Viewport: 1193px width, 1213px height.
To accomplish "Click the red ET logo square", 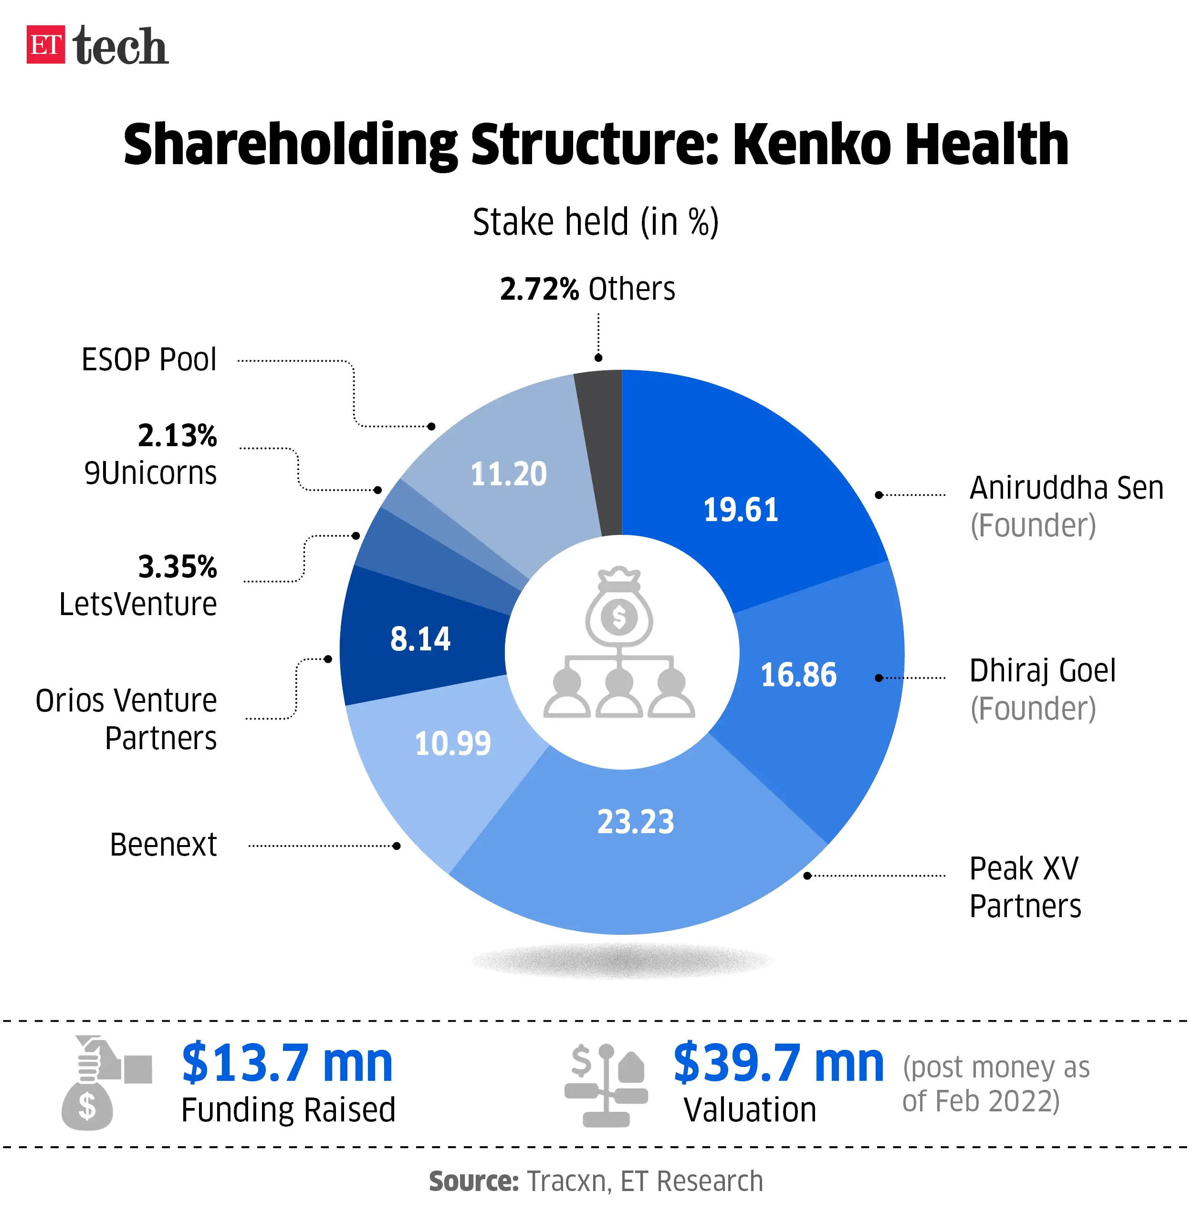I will pos(45,44).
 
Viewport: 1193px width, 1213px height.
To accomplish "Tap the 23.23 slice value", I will pos(635,821).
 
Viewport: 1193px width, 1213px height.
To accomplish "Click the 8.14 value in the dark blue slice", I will pos(420,639).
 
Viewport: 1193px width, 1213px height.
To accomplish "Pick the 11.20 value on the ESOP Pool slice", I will pos(508,474).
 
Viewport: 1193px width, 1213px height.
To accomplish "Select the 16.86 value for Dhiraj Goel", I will pos(798,675).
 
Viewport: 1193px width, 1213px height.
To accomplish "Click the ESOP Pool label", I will pos(148,360).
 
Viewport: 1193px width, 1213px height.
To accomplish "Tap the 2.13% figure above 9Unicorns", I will pos(178,436).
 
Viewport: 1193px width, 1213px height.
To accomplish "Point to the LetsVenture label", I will pos(138,604).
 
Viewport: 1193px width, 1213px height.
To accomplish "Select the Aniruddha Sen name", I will pos(1067,488).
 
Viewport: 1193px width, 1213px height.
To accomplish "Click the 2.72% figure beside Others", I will pos(539,289).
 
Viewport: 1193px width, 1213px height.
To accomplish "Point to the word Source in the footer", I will pos(474,1181).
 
